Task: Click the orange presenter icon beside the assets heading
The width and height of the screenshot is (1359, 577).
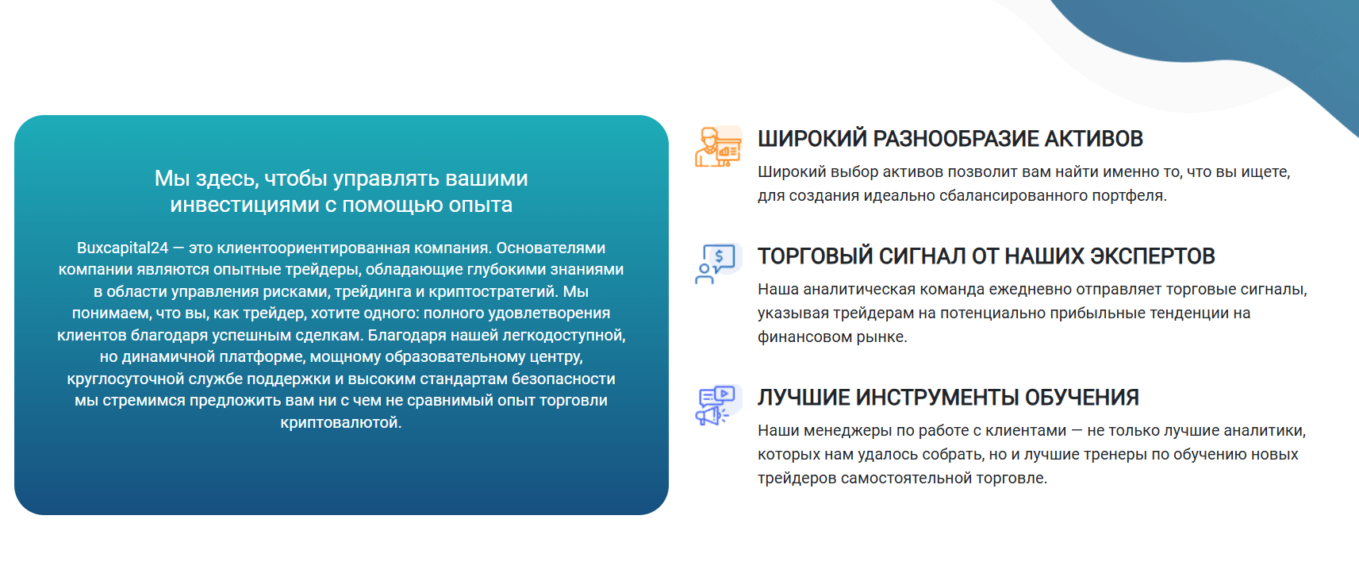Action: pyautogui.click(x=718, y=146)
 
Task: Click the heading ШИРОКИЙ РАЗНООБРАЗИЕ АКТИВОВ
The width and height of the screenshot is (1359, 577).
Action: pyautogui.click(x=950, y=139)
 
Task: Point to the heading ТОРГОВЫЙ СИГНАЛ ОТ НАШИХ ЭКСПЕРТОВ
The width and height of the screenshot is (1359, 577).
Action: pyautogui.click(x=986, y=256)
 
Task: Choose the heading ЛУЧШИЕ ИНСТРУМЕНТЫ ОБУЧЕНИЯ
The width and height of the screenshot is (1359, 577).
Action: pyautogui.click(x=948, y=398)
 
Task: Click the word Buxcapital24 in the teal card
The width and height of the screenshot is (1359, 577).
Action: pyautogui.click(x=122, y=248)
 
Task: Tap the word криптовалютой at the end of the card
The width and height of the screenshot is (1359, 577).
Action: pyautogui.click(x=341, y=422)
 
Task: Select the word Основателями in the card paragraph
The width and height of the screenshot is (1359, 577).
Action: pyautogui.click(x=551, y=248)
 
